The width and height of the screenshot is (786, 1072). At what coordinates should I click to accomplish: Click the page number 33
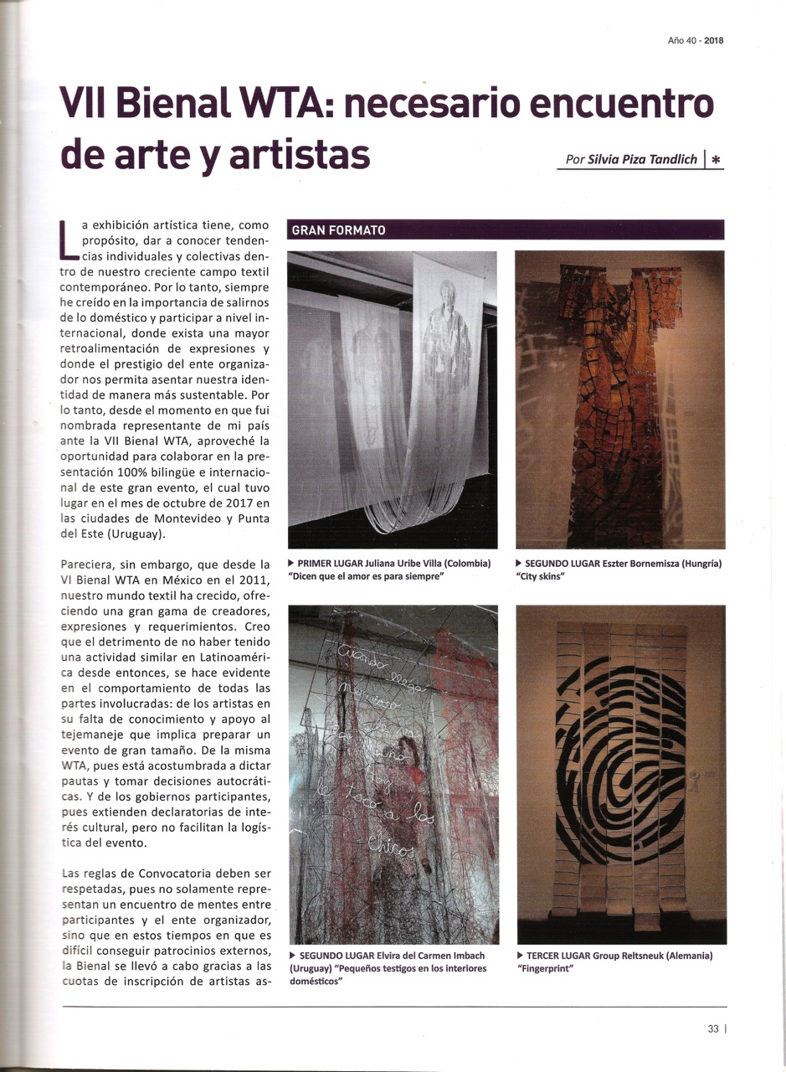(x=713, y=1030)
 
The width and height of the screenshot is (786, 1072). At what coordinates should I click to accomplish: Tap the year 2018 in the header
(x=713, y=39)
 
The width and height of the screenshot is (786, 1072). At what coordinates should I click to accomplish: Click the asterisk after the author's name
(x=717, y=159)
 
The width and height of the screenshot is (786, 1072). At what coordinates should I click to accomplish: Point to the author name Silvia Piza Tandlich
(x=643, y=159)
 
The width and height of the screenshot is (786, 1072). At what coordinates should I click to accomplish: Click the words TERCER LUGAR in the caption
(x=558, y=956)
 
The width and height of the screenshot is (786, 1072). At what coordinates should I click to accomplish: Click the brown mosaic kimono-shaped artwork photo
(x=620, y=399)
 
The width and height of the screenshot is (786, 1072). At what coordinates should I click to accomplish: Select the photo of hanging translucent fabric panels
(x=392, y=399)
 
